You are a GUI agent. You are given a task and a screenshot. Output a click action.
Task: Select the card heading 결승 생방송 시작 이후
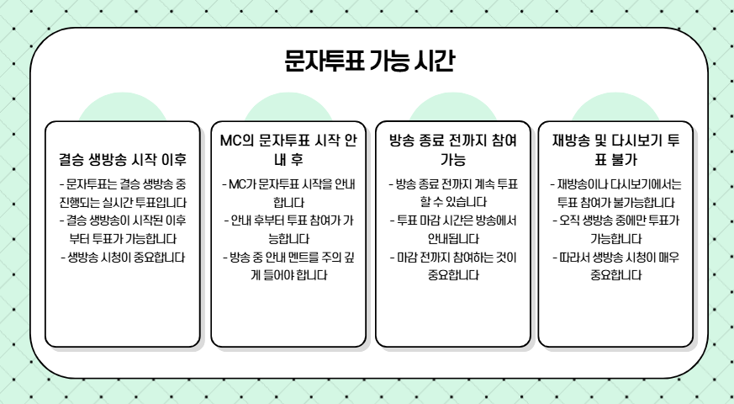tap(123, 158)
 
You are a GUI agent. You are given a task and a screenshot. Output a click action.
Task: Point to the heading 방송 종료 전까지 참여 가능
tap(453, 149)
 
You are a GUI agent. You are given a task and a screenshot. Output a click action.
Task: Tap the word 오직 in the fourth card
tap(572, 221)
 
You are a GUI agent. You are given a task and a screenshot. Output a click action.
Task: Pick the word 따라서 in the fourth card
tap(576, 258)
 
